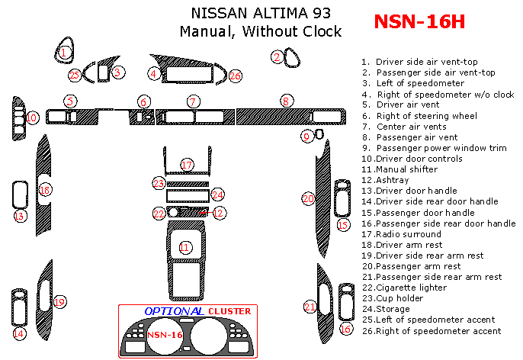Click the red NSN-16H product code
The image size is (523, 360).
coord(419,21)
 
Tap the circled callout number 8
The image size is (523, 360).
coord(286,101)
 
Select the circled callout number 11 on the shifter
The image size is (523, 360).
coord(184,247)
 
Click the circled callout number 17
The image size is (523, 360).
coord(187,165)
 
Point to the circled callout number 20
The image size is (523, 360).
coord(308,198)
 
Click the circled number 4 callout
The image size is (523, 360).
coord(154,74)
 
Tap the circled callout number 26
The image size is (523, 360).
coord(236,76)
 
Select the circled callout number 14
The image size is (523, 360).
coord(19,334)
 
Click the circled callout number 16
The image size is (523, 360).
coord(346,329)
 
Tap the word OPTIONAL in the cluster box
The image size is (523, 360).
coord(174,311)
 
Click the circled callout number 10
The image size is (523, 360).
coord(31,118)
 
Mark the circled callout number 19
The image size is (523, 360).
coord(59,302)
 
